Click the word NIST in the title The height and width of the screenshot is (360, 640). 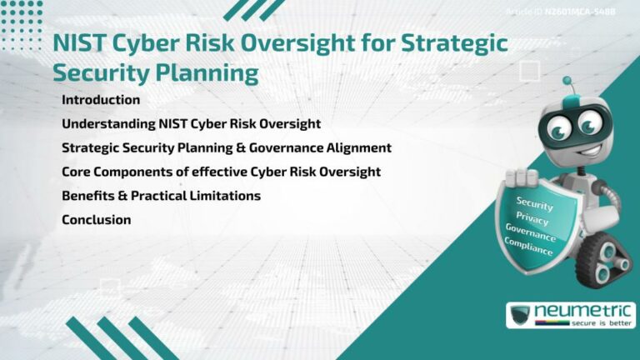77,44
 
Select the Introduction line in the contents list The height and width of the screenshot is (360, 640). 101,100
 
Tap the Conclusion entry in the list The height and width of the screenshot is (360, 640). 97,220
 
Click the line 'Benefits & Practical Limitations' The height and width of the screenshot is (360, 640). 161,196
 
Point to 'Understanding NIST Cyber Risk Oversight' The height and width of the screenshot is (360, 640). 191,124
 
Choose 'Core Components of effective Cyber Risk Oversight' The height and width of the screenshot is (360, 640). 221,172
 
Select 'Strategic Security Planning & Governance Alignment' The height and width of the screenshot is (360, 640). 227,148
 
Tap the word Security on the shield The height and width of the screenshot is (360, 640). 534,202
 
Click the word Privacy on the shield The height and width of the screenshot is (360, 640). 532,218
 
